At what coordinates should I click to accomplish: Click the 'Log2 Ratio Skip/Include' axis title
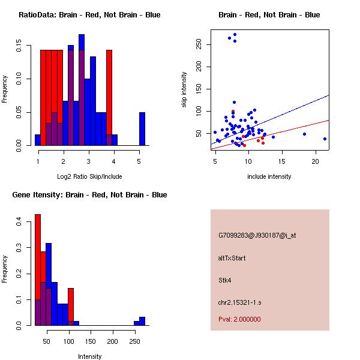(x=89, y=176)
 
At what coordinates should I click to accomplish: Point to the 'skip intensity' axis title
(x=184, y=89)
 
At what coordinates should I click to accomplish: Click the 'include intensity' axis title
(x=269, y=176)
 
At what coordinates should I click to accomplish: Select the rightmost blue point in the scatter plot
(x=325, y=139)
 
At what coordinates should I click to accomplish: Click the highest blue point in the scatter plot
(x=235, y=35)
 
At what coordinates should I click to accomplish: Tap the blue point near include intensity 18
(x=304, y=134)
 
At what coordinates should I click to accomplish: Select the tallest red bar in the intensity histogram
(x=38, y=269)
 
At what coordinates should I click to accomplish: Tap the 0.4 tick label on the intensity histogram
(x=20, y=221)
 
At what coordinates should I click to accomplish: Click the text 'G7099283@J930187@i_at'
(x=257, y=235)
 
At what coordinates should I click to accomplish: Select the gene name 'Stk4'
(x=225, y=280)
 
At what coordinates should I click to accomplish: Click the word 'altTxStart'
(x=232, y=258)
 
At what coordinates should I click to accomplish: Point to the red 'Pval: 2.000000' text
(x=239, y=319)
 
